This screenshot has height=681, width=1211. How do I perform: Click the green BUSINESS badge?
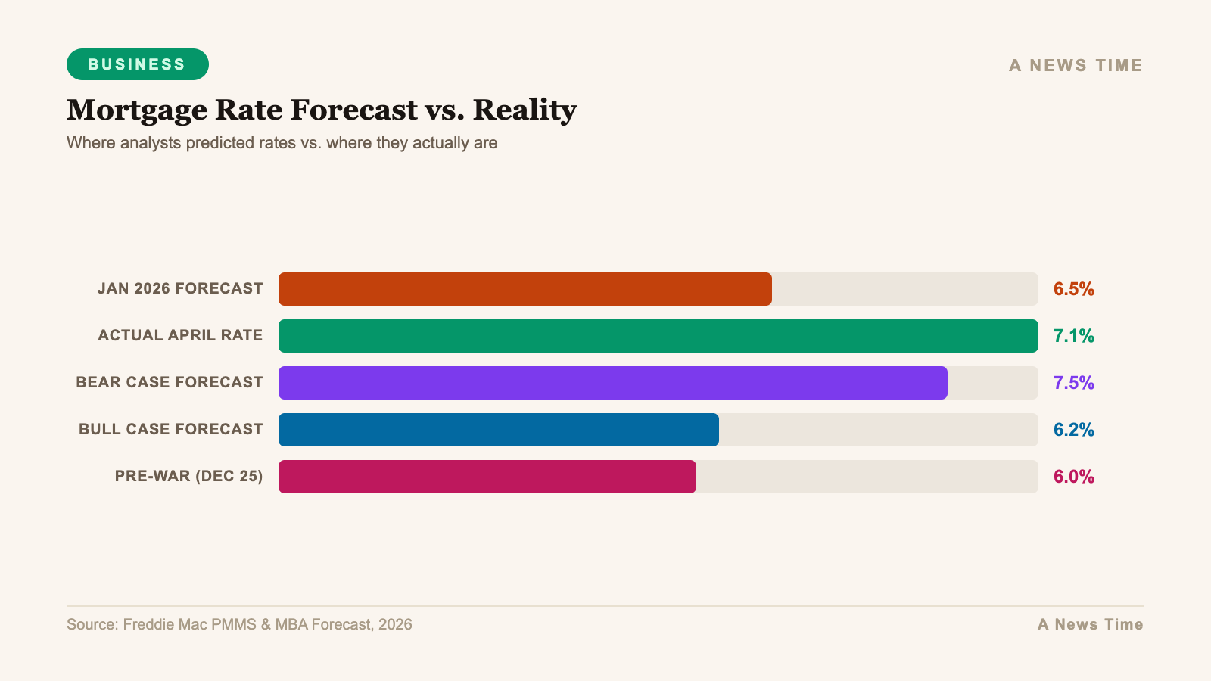(x=137, y=64)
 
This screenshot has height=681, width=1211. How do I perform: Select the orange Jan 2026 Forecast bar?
(x=525, y=289)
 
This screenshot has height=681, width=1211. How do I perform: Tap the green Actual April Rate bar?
(x=658, y=336)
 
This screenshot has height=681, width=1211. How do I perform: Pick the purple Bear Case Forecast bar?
(x=612, y=383)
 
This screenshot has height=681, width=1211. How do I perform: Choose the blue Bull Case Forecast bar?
(x=498, y=430)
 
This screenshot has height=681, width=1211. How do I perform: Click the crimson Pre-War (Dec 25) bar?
(x=487, y=477)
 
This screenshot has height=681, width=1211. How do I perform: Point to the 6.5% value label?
(x=1073, y=289)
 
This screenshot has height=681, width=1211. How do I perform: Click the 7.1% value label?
(x=1073, y=336)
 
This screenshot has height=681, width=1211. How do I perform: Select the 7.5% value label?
(x=1073, y=383)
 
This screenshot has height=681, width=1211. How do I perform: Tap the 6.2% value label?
(x=1073, y=430)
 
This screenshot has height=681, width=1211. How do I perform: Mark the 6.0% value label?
(x=1073, y=477)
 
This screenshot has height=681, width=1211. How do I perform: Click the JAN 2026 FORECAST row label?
(x=180, y=289)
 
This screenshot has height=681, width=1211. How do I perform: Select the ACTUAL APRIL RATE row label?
(x=180, y=336)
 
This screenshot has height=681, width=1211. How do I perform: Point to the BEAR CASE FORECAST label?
(x=170, y=383)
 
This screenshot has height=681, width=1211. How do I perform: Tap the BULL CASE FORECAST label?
(x=171, y=430)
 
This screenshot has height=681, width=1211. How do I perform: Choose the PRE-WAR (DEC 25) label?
(x=188, y=477)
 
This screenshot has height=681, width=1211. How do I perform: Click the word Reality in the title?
(x=525, y=110)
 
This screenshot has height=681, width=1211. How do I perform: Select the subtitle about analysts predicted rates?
(x=282, y=143)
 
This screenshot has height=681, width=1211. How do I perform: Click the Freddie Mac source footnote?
(x=239, y=624)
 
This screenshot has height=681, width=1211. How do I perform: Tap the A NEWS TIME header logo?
(x=1076, y=66)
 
